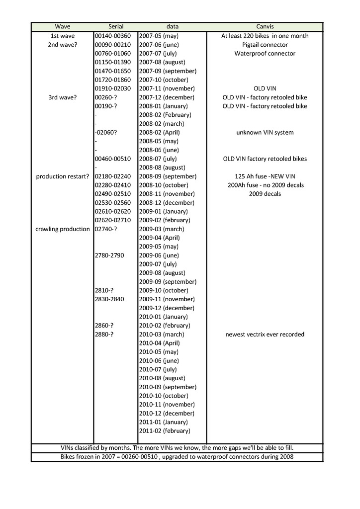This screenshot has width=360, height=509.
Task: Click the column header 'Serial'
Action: pyautogui.click(x=116, y=26)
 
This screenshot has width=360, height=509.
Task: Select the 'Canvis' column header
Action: pyautogui.click(x=265, y=26)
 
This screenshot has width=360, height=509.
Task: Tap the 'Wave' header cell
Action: pyautogui.click(x=62, y=26)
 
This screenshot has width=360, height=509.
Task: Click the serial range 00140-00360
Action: pyautogui.click(x=112, y=36)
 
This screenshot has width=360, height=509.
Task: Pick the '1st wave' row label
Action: pyautogui.click(x=63, y=36)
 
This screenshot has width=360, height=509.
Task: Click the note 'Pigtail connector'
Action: pyautogui.click(x=265, y=45)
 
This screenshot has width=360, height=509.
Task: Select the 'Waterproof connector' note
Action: pyautogui.click(x=265, y=53)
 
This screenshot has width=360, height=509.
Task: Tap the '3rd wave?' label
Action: pyautogui.click(x=63, y=97)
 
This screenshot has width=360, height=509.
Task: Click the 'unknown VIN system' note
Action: pyautogui.click(x=265, y=132)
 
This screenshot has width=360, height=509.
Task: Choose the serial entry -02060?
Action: pyautogui.click(x=105, y=132)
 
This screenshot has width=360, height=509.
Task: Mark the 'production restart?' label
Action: pyautogui.click(x=63, y=176)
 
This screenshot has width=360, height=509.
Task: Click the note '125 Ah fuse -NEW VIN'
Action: pyautogui.click(x=265, y=176)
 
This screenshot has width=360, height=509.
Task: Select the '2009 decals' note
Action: pyautogui.click(x=265, y=194)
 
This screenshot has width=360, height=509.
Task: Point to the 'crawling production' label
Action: pyautogui.click(x=63, y=229)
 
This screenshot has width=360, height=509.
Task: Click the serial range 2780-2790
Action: pyautogui.click(x=109, y=255)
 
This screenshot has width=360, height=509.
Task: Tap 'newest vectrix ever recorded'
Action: pyautogui.click(x=265, y=335)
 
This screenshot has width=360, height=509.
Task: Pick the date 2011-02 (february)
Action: pyautogui.click(x=165, y=431)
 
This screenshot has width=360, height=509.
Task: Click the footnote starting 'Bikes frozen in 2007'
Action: pyautogui.click(x=177, y=457)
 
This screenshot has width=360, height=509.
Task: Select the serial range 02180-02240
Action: pyautogui.click(x=112, y=176)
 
